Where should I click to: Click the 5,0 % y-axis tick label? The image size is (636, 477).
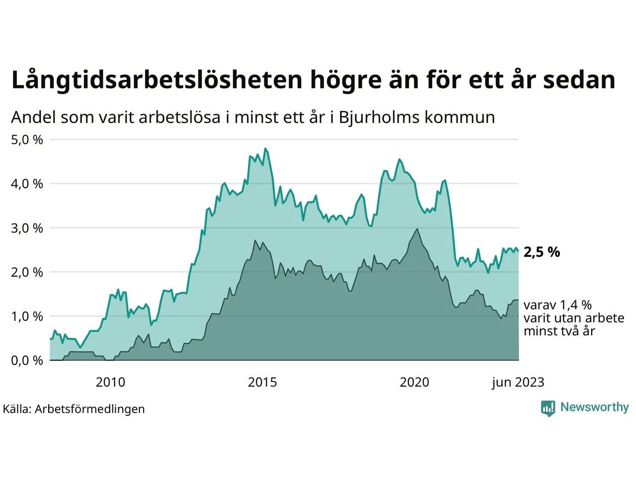(27, 140)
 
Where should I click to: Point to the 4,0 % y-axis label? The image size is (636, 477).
(27, 184)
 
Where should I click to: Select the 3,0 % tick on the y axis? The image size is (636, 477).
(27, 228)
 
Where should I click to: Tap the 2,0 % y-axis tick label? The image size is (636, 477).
(27, 272)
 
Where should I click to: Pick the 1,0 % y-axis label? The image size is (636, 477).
(27, 317)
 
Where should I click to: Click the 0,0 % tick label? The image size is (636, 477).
(27, 361)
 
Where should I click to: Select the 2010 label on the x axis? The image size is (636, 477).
(110, 382)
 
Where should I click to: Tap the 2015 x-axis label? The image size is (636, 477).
(262, 382)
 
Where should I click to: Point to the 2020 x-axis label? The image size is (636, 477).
(414, 382)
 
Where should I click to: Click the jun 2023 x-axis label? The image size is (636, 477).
(518, 382)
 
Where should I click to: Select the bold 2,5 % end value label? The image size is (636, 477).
(542, 252)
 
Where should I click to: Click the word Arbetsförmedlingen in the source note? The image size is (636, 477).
(89, 409)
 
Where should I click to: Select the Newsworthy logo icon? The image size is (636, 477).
(548, 408)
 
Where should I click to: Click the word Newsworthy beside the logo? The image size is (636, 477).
(594, 407)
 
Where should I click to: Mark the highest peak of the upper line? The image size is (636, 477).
(265, 149)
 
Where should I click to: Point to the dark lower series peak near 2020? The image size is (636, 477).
(417, 229)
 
